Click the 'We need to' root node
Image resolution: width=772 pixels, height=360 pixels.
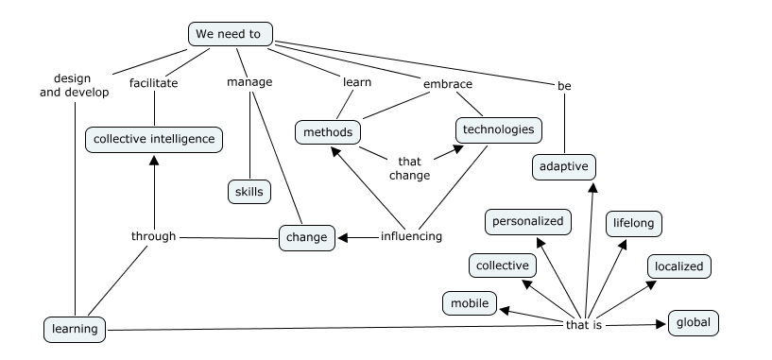(x=231, y=34)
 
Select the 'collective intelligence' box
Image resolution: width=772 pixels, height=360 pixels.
(x=154, y=140)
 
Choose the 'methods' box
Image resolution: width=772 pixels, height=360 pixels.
(x=329, y=132)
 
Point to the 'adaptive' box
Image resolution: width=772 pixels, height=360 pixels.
(x=563, y=167)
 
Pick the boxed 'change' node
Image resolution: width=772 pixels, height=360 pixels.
(x=307, y=237)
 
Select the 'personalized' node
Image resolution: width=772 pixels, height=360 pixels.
(x=528, y=222)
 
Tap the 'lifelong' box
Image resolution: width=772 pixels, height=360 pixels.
(x=633, y=223)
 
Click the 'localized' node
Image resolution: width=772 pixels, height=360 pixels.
(x=678, y=266)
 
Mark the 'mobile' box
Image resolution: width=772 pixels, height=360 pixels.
(x=470, y=303)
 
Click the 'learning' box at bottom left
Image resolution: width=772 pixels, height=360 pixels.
(x=74, y=330)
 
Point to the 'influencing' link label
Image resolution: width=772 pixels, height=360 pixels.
(x=411, y=236)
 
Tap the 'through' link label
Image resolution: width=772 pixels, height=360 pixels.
(x=153, y=236)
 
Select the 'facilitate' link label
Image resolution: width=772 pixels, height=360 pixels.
(x=153, y=82)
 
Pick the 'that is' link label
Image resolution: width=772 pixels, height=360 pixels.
(x=584, y=325)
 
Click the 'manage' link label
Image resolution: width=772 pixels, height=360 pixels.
(x=249, y=82)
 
